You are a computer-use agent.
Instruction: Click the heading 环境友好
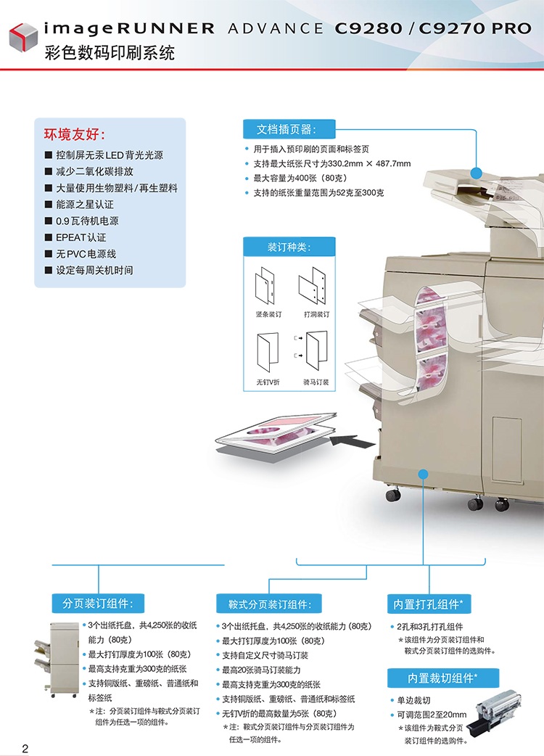pyautogui.click(x=75, y=135)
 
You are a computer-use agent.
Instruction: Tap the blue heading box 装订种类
pyautogui.click(x=289, y=247)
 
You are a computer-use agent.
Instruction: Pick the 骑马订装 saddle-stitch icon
pyautogui.click(x=314, y=352)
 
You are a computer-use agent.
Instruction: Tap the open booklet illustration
pyautogui.click(x=277, y=437)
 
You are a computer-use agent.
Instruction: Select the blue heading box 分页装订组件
pyautogui.click(x=98, y=603)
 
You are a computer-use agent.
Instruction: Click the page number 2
pyautogui.click(x=25, y=748)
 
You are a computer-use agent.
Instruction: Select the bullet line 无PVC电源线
pyautogui.click(x=86, y=254)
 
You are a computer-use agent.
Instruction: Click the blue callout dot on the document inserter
pyautogui.click(x=477, y=172)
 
